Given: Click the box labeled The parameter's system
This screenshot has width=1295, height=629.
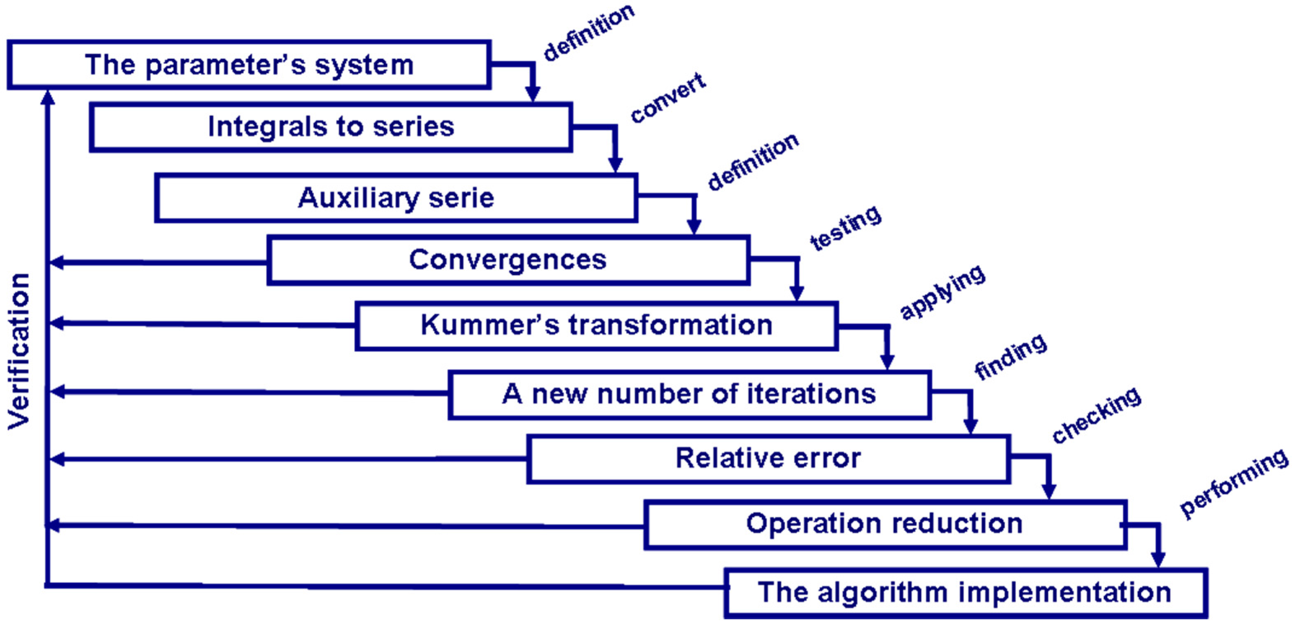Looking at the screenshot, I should click(x=249, y=65).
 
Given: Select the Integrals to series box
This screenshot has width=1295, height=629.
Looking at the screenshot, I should click(x=331, y=127).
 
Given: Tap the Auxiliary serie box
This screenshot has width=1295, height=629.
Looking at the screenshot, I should click(x=396, y=198).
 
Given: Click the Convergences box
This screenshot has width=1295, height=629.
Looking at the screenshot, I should click(x=508, y=260).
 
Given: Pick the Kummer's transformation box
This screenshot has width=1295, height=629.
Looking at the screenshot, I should click(x=596, y=325).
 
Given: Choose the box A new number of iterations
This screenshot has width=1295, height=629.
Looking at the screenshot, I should click(x=689, y=394).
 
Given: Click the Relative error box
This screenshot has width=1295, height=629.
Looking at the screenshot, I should click(x=768, y=458).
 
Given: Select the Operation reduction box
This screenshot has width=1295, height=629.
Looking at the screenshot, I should click(x=885, y=524).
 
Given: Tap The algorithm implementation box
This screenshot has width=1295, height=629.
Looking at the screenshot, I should click(x=965, y=592).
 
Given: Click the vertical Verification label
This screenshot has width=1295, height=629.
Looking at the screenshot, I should click(x=19, y=352).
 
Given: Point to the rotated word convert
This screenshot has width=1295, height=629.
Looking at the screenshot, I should click(x=669, y=98).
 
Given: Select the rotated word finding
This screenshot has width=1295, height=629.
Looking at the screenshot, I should click(x=1010, y=357).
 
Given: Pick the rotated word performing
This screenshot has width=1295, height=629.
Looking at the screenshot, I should click(x=1234, y=483).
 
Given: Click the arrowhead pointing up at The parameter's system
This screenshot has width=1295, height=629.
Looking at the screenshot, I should click(x=48, y=96).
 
